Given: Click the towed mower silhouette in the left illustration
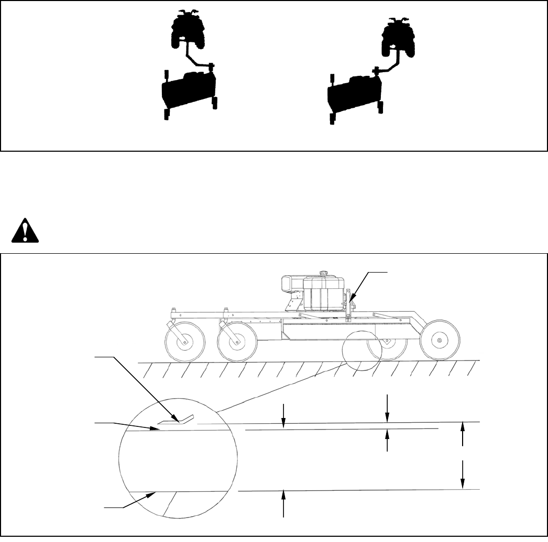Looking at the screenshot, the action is tap(189, 92).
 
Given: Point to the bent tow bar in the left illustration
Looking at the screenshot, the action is tap(199, 58).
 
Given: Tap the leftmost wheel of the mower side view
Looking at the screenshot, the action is tap(184, 343).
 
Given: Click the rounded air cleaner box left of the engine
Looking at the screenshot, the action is tap(291, 285).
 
